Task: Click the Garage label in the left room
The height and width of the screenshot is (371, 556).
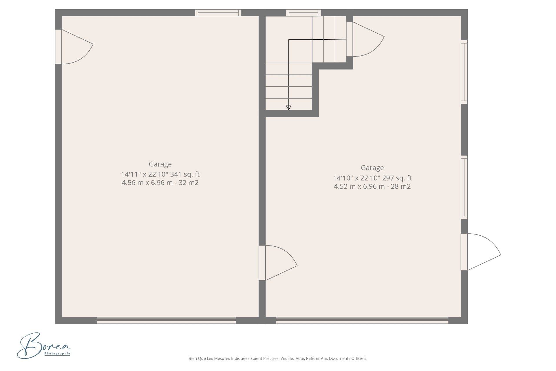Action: coord(160,164)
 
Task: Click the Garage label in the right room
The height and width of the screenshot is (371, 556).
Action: coord(372,168)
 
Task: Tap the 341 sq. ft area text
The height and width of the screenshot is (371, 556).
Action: coord(185,174)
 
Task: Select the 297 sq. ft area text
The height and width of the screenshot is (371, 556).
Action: coord(397,178)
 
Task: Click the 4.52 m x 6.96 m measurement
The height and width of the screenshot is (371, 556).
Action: coord(359,186)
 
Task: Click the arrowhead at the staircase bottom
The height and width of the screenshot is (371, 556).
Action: coord(289,108)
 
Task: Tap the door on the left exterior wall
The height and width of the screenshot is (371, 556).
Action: coord(74,47)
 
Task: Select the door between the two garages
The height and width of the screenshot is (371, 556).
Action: coord(278,263)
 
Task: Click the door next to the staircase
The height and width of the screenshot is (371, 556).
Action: coord(365,39)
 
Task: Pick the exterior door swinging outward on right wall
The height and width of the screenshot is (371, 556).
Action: coord(481,252)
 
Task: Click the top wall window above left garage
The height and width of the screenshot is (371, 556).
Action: coord(218,12)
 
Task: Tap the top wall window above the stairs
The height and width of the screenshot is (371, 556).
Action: coord(303,12)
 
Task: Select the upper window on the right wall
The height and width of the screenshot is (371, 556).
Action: coord(464,72)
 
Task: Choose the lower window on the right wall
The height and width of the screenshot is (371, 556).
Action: coord(464,187)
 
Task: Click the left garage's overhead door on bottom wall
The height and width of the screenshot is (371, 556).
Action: coord(166,320)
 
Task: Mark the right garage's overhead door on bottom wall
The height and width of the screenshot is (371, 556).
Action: coord(362,320)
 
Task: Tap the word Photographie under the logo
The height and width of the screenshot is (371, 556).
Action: coord(57,353)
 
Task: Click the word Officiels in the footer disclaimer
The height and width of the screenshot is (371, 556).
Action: coord(359,359)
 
